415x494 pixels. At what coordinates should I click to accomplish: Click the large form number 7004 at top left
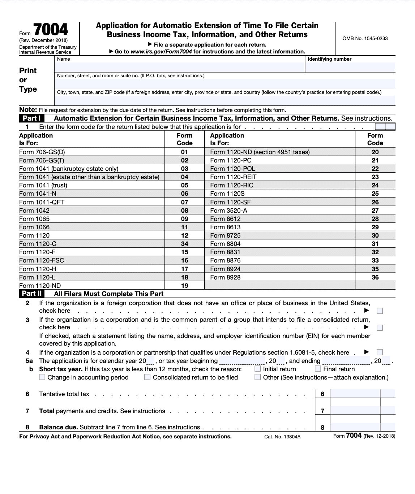[x=50, y=30]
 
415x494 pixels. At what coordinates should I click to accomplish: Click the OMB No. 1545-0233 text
[x=365, y=38]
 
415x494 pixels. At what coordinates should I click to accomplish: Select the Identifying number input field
[x=350, y=67]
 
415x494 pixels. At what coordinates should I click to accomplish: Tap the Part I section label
[x=31, y=118]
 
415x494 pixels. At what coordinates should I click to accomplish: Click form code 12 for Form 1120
[x=184, y=235]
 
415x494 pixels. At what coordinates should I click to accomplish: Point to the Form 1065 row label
[x=34, y=219]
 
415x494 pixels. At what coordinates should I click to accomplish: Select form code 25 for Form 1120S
[x=375, y=194]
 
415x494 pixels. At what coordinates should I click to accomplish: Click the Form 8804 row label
[x=225, y=244]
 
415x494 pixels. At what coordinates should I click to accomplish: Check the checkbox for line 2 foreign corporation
[x=380, y=311]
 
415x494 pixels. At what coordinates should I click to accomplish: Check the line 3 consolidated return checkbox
[x=380, y=328]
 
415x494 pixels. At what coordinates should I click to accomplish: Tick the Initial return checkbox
[x=258, y=369]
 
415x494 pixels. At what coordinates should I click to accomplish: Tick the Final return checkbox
[x=318, y=369]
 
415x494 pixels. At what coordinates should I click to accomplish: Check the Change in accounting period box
[x=42, y=377]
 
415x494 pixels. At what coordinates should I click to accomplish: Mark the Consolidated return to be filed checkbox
[x=147, y=377]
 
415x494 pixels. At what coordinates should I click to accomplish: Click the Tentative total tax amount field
[x=355, y=394]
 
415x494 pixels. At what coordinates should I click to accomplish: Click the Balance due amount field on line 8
[x=355, y=427]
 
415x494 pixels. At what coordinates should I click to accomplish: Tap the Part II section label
[x=32, y=294]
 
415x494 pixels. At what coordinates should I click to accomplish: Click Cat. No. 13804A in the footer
[x=282, y=437]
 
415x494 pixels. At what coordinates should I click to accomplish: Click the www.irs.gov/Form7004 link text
[x=161, y=52]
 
